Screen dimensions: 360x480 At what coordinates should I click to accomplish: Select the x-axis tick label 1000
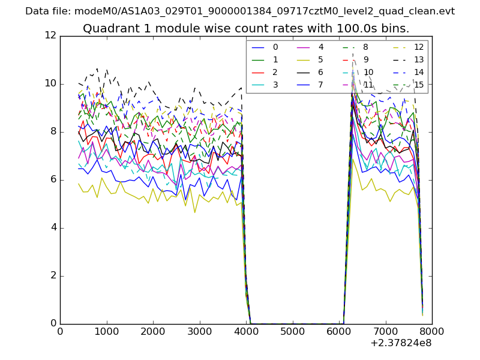coord(106,331)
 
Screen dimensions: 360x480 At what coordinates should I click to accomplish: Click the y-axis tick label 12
coord(50,36)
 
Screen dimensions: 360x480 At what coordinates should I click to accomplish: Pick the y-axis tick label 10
coord(50,84)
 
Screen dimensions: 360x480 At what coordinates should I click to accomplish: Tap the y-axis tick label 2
coord(53,276)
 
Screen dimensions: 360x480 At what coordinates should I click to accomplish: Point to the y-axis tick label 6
coord(53,180)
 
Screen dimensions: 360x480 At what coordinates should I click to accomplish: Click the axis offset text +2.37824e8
coord(401,343)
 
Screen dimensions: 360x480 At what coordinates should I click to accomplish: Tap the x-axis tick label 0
coord(60,331)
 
